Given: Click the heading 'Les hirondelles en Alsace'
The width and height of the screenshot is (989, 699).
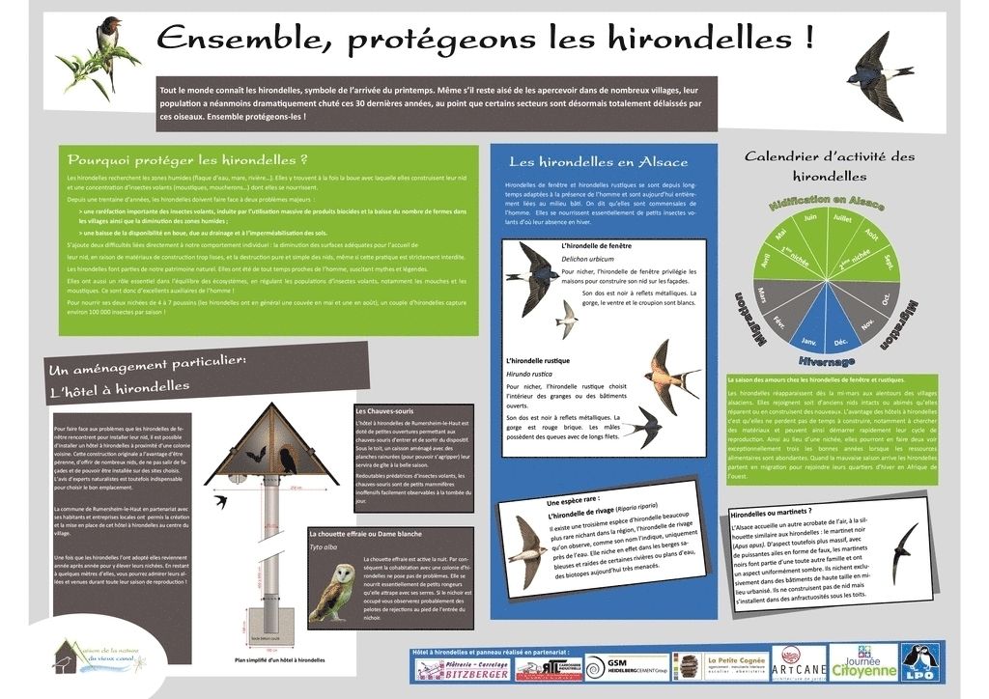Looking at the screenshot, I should pyautogui.click(x=599, y=161).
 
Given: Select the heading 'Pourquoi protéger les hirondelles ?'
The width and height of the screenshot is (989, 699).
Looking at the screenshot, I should pyautogui.click(x=187, y=159).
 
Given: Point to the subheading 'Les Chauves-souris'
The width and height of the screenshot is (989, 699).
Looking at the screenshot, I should pyautogui.click(x=384, y=411).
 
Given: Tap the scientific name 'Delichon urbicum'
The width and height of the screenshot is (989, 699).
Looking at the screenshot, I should pyautogui.click(x=586, y=260).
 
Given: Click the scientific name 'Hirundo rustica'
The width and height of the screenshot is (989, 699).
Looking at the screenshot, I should pyautogui.click(x=528, y=373).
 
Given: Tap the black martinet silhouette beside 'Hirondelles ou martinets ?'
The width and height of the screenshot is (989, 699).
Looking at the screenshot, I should pyautogui.click(x=907, y=550).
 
